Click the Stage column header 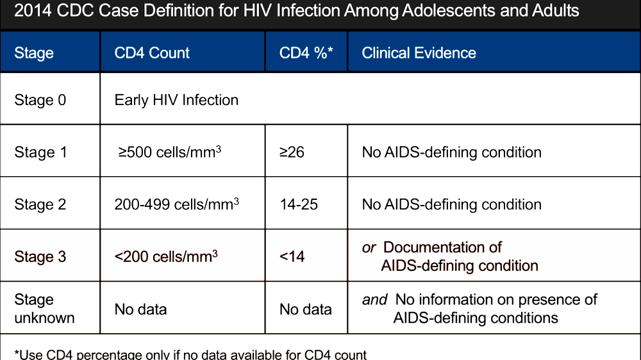pyautogui.click(x=34, y=53)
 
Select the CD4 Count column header pyautogui.click(x=152, y=53)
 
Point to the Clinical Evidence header pyautogui.click(x=419, y=53)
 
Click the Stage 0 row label pyautogui.click(x=40, y=100)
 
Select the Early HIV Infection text pyautogui.click(x=176, y=100)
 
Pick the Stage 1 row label pyautogui.click(x=40, y=152)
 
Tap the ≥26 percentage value pyautogui.click(x=292, y=152)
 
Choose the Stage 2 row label pyautogui.click(x=40, y=204)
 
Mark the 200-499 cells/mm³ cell pyautogui.click(x=176, y=204)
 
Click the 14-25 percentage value pyautogui.click(x=299, y=204)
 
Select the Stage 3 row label pyautogui.click(x=40, y=256)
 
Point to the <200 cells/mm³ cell pyautogui.click(x=166, y=256)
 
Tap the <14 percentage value pyautogui.click(x=292, y=256)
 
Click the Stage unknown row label pyautogui.click(x=44, y=309)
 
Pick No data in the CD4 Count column pyautogui.click(x=140, y=309)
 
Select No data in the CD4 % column pyautogui.click(x=305, y=309)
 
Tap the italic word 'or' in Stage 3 pyautogui.click(x=369, y=247)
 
